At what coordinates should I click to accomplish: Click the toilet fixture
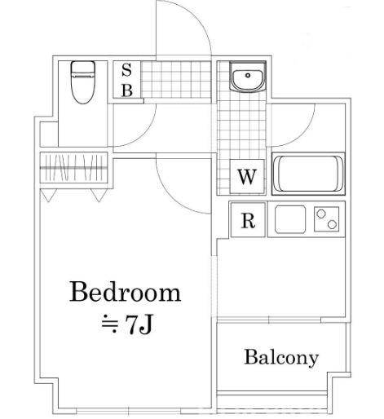[82, 84]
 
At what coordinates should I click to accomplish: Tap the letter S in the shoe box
[126, 71]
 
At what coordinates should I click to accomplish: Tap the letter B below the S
[126, 90]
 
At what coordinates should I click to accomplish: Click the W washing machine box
[247, 176]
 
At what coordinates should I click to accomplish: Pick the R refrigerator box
[247, 220]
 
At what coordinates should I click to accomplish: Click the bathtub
[309, 173]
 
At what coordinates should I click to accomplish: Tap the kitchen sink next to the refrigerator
[289, 218]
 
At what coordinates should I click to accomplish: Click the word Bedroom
[124, 292]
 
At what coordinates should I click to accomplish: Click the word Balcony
[281, 357]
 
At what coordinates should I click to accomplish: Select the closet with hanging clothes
[74, 169]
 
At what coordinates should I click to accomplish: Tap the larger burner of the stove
[333, 223]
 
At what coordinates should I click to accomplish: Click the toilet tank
[82, 68]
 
